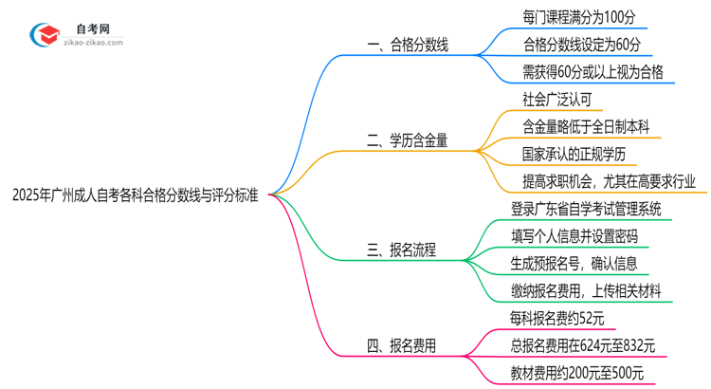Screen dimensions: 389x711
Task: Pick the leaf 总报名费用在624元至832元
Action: tap(582, 346)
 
